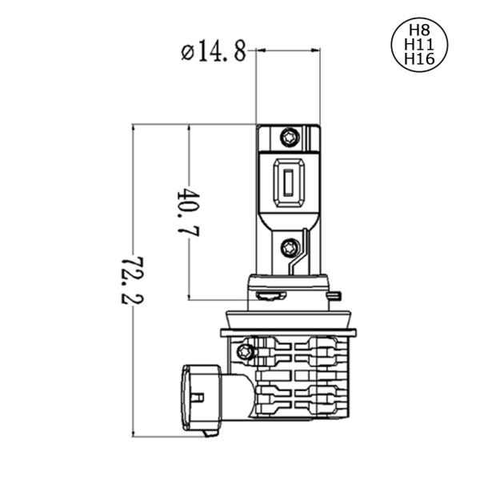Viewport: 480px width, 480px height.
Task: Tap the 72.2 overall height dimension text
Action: point(132,280)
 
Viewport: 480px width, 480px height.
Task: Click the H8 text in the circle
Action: point(419,30)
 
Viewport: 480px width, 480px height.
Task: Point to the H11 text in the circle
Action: point(419,44)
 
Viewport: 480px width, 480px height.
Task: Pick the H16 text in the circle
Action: point(419,58)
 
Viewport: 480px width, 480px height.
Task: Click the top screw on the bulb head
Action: point(290,137)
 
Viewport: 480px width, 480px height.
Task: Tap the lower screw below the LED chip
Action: point(291,247)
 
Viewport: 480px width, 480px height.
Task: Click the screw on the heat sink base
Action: point(246,351)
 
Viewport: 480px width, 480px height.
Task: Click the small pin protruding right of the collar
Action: point(335,296)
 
